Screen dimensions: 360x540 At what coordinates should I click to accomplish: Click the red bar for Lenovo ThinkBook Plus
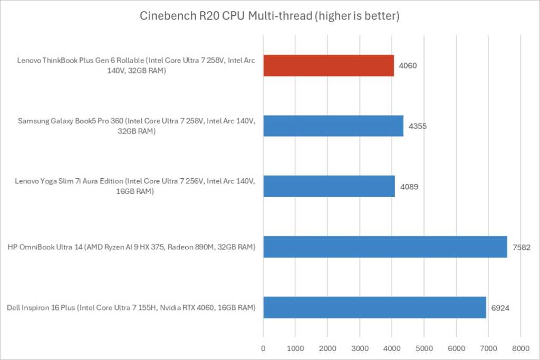pyautogui.click(x=328, y=65)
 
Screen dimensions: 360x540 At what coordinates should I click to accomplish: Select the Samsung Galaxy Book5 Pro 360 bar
pyautogui.click(x=333, y=126)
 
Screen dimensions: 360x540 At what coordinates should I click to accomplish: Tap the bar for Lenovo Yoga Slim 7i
pyautogui.click(x=329, y=186)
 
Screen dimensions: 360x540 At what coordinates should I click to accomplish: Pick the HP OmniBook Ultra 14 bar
pyautogui.click(x=385, y=247)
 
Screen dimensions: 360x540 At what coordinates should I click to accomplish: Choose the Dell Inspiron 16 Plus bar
pyautogui.click(x=374, y=307)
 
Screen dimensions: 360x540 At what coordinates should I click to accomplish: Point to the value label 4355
pyautogui.click(x=418, y=127)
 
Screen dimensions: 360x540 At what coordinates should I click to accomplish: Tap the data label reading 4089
pyautogui.click(x=410, y=187)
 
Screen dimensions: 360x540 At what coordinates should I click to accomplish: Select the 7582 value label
pyautogui.click(x=522, y=247)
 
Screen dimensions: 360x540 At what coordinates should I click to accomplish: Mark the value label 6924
pyautogui.click(x=501, y=308)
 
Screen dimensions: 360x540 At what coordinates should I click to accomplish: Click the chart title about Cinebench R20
pyautogui.click(x=269, y=16)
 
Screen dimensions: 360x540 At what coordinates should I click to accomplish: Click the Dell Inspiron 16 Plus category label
pyautogui.click(x=131, y=307)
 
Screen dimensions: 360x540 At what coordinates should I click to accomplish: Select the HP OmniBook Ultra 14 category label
pyautogui.click(x=131, y=247)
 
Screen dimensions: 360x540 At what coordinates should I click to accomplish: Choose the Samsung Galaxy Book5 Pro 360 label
pyautogui.click(x=137, y=126)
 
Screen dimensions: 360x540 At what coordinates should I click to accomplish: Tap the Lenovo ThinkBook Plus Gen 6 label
pyautogui.click(x=137, y=65)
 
